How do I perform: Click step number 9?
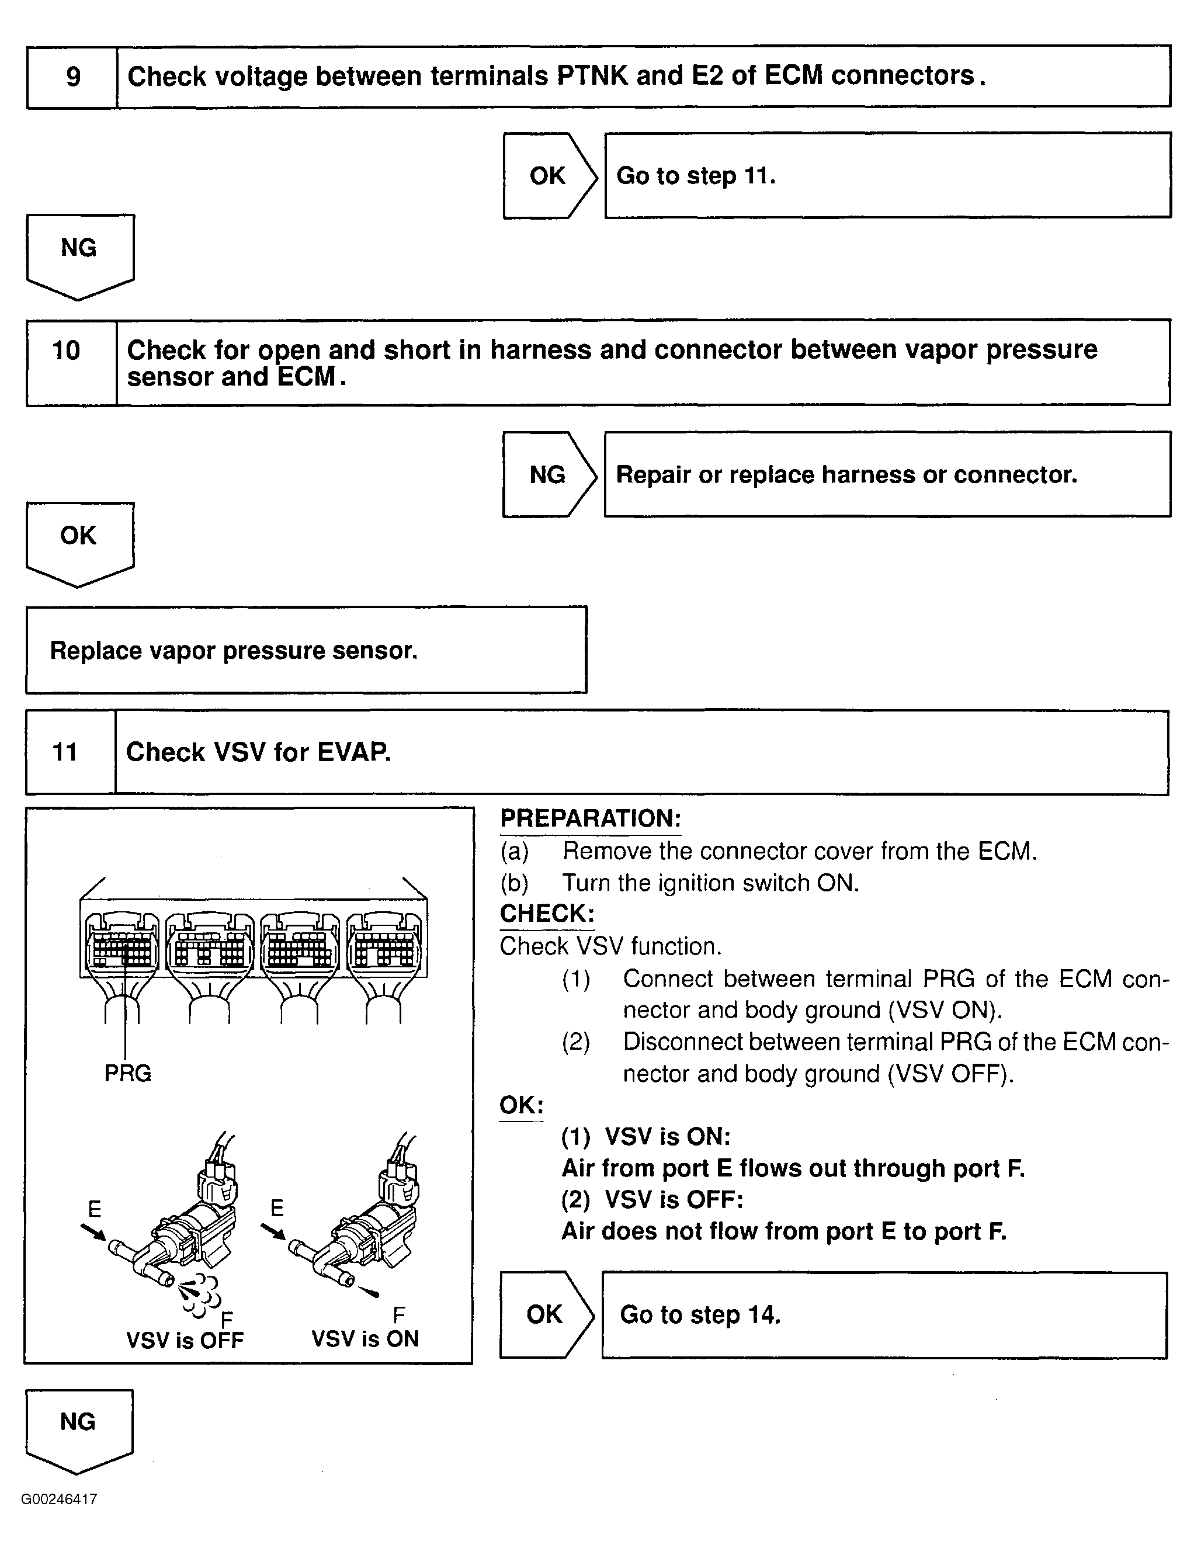pos(73,77)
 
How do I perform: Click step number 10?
pos(67,350)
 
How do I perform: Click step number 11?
pos(65,752)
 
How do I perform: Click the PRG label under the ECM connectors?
pos(127,1073)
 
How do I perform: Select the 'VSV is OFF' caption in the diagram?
pos(185,1339)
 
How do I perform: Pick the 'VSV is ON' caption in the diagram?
pos(365,1338)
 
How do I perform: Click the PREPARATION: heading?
pos(590,818)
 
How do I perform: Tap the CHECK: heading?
pos(546,913)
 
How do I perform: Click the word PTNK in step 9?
pos(592,76)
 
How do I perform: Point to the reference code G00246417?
pos(59,1499)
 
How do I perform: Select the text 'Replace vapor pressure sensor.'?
pos(234,650)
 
